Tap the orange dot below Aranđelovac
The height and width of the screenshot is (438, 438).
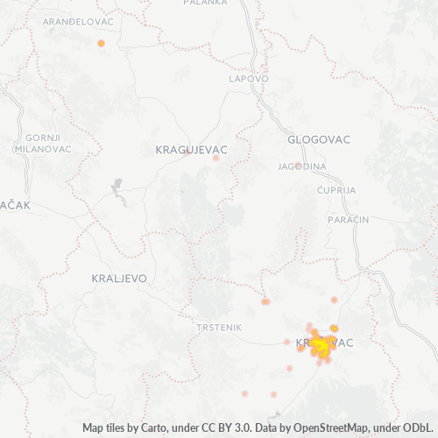pos(102,43)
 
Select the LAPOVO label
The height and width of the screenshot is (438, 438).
pos(248,78)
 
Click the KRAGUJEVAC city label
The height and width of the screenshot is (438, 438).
pos(191,150)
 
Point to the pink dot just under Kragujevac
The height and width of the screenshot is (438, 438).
pos(215,159)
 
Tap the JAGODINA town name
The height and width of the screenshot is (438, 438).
pos(302,166)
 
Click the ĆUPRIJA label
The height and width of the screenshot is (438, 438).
pos(337,189)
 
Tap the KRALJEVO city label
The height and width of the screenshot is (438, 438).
pos(119,278)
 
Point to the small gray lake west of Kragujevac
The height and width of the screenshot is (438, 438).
pos(117,187)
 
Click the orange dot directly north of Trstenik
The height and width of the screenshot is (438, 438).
pos(265,301)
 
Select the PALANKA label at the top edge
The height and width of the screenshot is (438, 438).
pos(205,3)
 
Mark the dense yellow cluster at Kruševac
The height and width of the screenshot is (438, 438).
pos(319,347)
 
